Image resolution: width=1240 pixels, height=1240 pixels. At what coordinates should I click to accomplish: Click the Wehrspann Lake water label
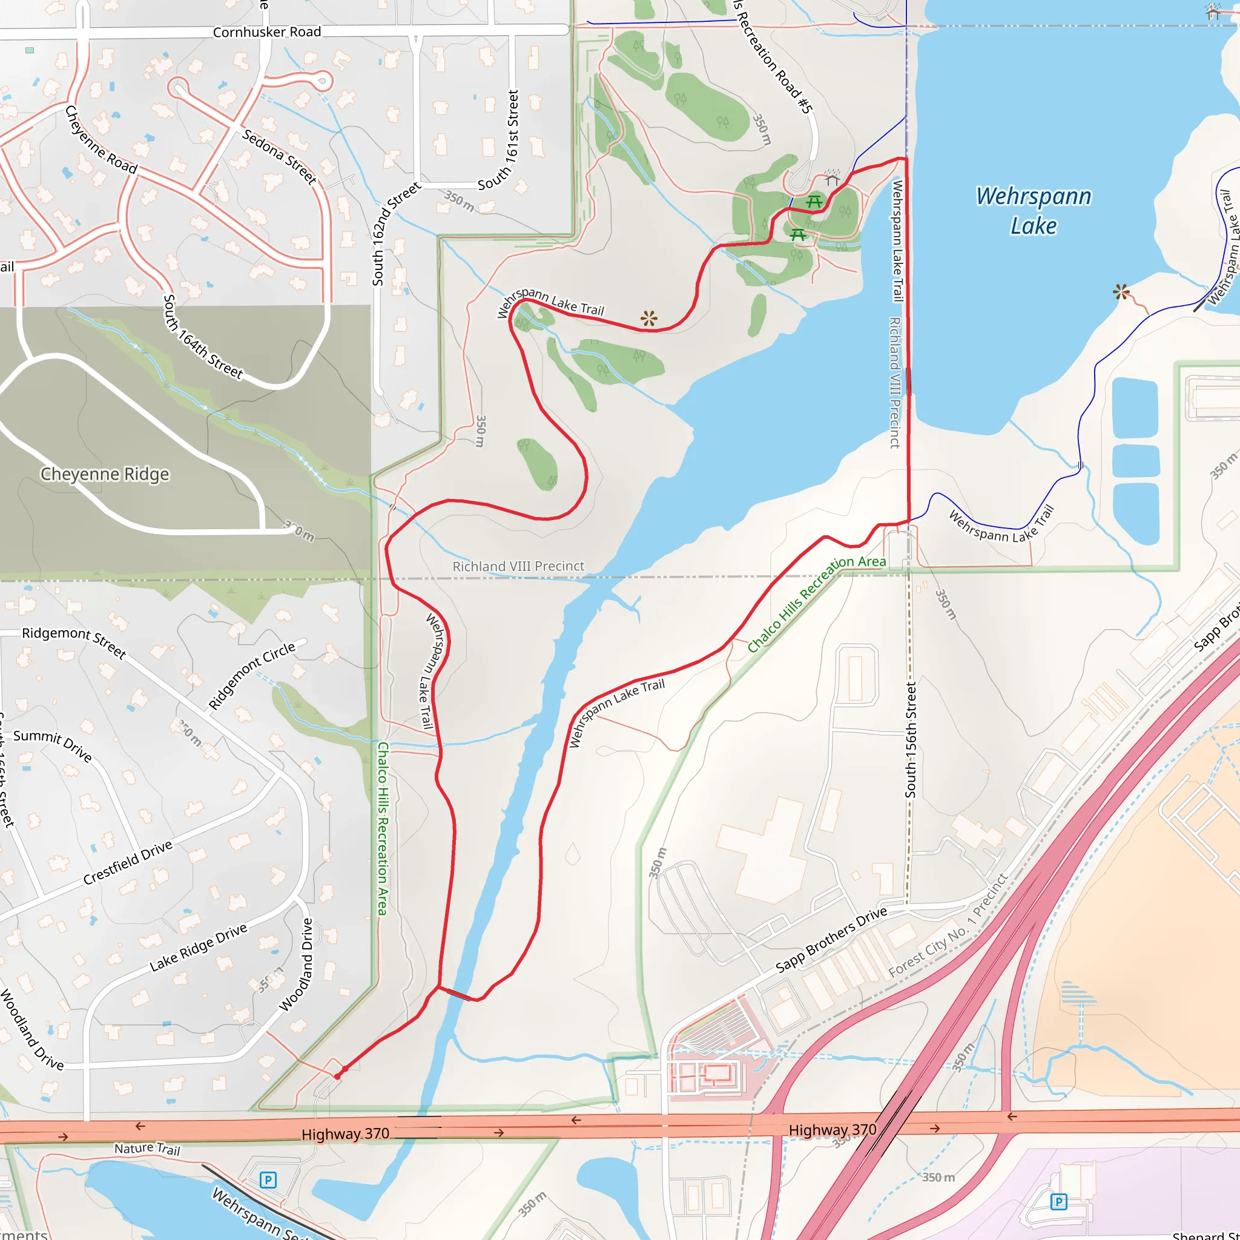point(1034,211)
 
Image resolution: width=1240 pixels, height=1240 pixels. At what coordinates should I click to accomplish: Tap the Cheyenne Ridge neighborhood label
point(105,474)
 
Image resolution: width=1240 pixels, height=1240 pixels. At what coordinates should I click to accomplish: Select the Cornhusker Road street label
point(266,32)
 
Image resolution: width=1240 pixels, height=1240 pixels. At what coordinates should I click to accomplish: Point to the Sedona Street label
point(279,157)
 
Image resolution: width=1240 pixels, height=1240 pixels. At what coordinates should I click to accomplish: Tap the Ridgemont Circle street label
point(252,675)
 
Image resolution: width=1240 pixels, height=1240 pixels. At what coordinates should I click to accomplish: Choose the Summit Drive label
point(53,745)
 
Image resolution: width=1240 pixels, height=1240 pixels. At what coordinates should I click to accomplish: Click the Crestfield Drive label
point(128,863)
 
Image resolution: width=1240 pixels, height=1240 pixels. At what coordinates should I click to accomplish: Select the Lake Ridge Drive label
point(199,948)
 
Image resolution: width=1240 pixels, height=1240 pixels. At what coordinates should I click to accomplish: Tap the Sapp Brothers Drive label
point(831,940)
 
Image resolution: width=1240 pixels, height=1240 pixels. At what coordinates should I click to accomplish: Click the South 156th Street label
point(911,740)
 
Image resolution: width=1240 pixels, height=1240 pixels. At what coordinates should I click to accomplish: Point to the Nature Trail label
point(147,1148)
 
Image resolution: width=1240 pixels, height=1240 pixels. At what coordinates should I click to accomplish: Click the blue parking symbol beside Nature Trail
point(268,1179)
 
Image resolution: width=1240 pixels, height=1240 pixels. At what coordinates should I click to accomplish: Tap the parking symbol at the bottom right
point(1058,1201)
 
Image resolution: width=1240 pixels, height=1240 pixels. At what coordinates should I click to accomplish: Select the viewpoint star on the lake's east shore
point(1121,292)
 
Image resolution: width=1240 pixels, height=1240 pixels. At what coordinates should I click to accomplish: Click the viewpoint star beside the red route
point(649,318)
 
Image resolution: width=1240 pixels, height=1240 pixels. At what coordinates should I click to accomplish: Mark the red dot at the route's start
point(338,1077)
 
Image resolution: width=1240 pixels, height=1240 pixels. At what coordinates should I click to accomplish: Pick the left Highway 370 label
point(345,1134)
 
